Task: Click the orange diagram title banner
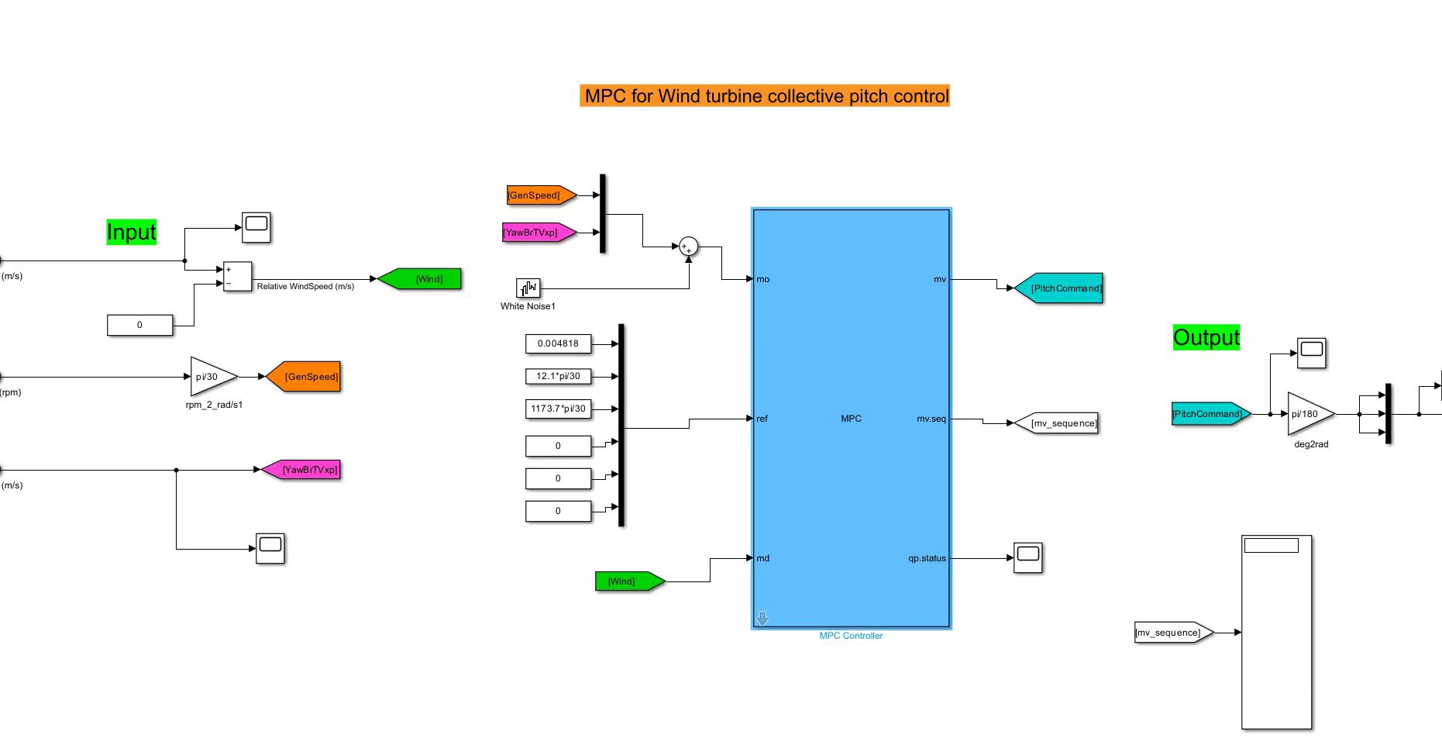coord(765,95)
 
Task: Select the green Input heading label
coord(132,232)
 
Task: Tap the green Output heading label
coord(1206,337)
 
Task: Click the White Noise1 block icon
coord(528,288)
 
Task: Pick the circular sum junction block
coord(688,247)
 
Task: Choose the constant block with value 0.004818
coord(558,343)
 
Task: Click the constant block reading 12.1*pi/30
coord(558,376)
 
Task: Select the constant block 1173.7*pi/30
coord(558,409)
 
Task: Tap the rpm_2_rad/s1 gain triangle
coord(212,377)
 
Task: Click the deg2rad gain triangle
coord(1310,414)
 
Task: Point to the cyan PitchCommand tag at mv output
coord(1058,288)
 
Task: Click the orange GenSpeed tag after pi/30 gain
coord(303,377)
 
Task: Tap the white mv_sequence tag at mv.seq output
coord(1056,423)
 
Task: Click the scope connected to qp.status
coord(1028,557)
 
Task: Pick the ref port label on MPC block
coord(762,419)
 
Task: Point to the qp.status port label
coord(927,558)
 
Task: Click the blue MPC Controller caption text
coord(851,636)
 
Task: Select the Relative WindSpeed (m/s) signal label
coord(305,286)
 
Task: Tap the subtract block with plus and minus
coord(237,276)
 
